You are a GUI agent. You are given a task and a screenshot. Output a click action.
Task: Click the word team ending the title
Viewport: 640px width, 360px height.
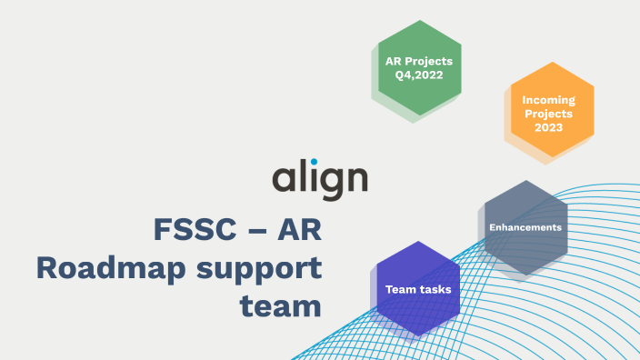point(281,305)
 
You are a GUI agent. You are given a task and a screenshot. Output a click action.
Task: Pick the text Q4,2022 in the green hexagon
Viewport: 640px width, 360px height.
point(419,75)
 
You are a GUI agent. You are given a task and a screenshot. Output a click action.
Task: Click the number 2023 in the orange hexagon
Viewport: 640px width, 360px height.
point(548,128)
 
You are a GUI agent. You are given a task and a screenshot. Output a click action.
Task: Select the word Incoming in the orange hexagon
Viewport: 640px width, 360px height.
point(548,99)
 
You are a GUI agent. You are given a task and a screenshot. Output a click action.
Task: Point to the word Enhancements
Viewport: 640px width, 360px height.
point(525,226)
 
